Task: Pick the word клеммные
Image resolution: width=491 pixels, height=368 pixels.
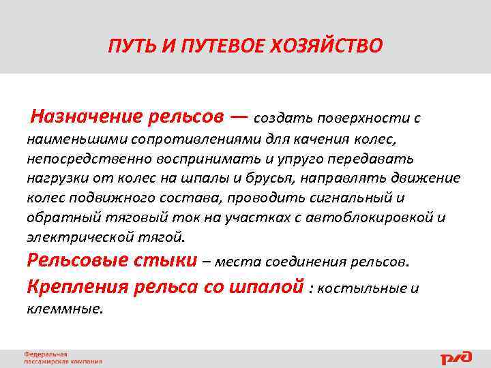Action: (x=65, y=308)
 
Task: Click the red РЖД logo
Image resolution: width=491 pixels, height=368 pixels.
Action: (x=455, y=357)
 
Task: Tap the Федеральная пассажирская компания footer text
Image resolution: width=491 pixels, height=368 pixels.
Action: (x=62, y=358)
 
